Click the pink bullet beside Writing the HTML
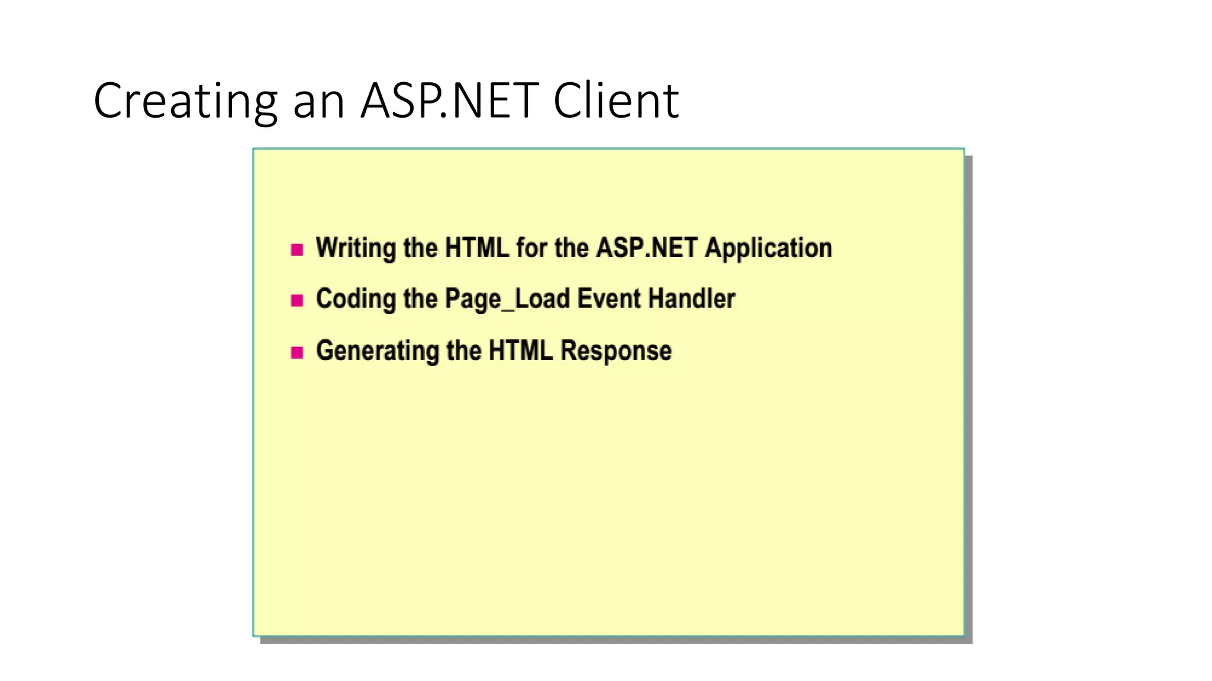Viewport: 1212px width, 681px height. pyautogui.click(x=297, y=249)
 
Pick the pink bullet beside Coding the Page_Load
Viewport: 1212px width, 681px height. pyautogui.click(x=297, y=300)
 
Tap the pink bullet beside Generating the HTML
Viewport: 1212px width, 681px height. pyautogui.click(x=297, y=353)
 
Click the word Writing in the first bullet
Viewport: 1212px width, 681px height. pyautogui.click(x=356, y=248)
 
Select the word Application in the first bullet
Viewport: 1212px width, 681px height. pyautogui.click(x=768, y=248)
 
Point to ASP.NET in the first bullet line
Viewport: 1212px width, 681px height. pyautogui.click(x=647, y=248)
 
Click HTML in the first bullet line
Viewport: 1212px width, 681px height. pyautogui.click(x=477, y=248)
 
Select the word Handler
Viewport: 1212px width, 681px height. pyautogui.click(x=691, y=299)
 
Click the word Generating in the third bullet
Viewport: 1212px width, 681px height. pyautogui.click(x=377, y=351)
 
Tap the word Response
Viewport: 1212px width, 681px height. pyautogui.click(x=615, y=351)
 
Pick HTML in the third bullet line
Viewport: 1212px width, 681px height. pyautogui.click(x=521, y=351)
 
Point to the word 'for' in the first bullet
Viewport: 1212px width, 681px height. pyautogui.click(x=531, y=248)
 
